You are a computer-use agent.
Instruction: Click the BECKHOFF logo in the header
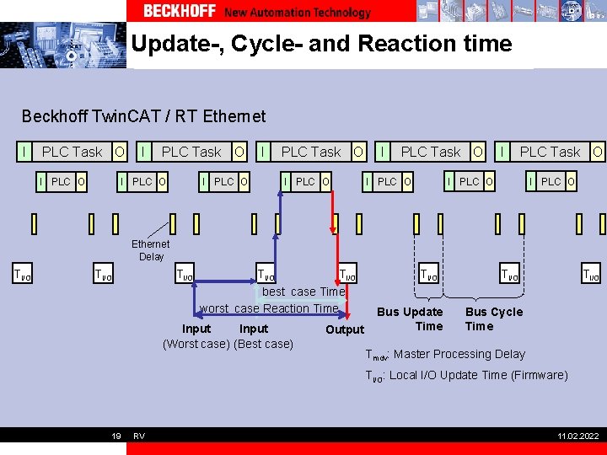click(179, 11)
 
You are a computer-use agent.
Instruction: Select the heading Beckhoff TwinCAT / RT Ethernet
click(143, 116)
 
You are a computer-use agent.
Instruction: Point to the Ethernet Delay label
click(151, 250)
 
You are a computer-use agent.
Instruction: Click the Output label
click(345, 329)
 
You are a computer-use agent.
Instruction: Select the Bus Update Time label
click(411, 318)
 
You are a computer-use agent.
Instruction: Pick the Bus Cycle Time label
click(494, 318)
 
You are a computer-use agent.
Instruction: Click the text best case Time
click(303, 292)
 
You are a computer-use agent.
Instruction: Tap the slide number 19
click(116, 436)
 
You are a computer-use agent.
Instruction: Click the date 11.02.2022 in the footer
click(577, 436)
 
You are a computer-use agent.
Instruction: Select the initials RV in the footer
click(139, 436)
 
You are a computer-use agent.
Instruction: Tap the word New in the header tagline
click(236, 12)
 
